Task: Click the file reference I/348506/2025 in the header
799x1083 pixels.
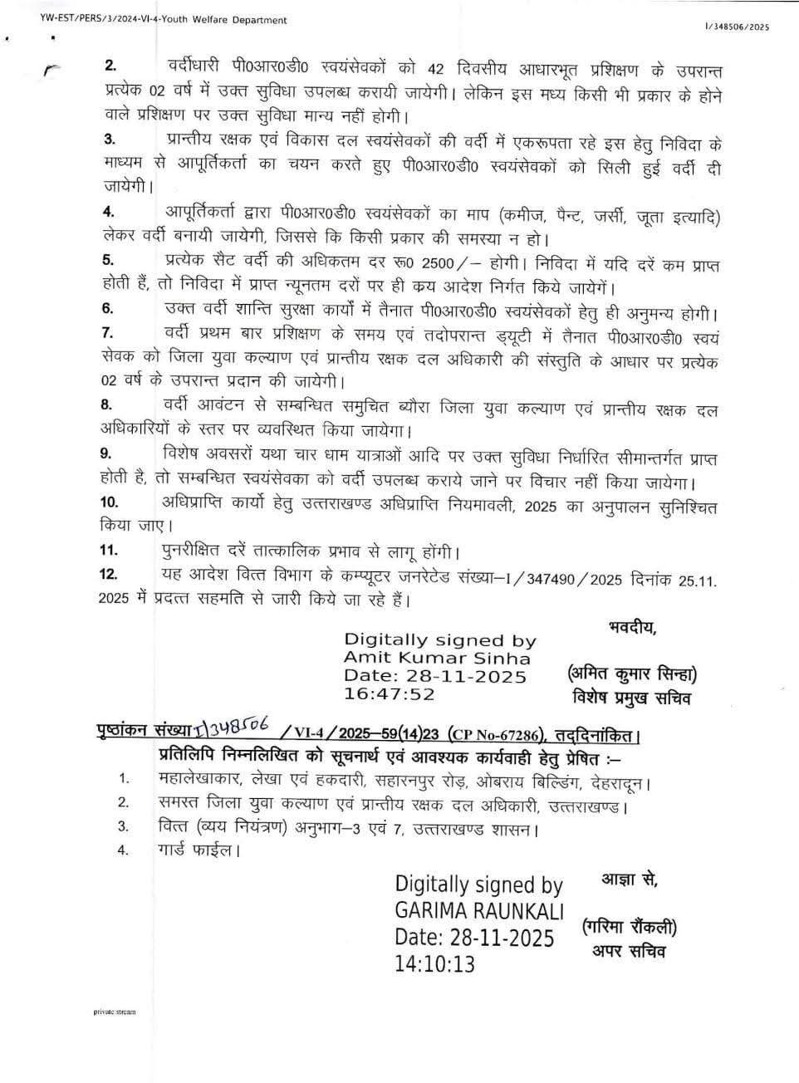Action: [x=737, y=27]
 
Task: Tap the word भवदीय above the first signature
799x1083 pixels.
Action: [x=632, y=626]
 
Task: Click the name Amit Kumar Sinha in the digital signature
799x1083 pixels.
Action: [x=437, y=658]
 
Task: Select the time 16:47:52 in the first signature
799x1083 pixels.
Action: [x=390, y=693]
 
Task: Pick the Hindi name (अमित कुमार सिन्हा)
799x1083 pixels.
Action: [x=633, y=673]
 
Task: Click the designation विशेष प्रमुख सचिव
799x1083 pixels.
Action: [x=631, y=698]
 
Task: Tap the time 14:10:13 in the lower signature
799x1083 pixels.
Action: [x=436, y=963]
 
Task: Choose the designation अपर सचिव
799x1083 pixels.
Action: [x=628, y=950]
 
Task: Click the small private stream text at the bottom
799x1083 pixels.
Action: [x=114, y=1012]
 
